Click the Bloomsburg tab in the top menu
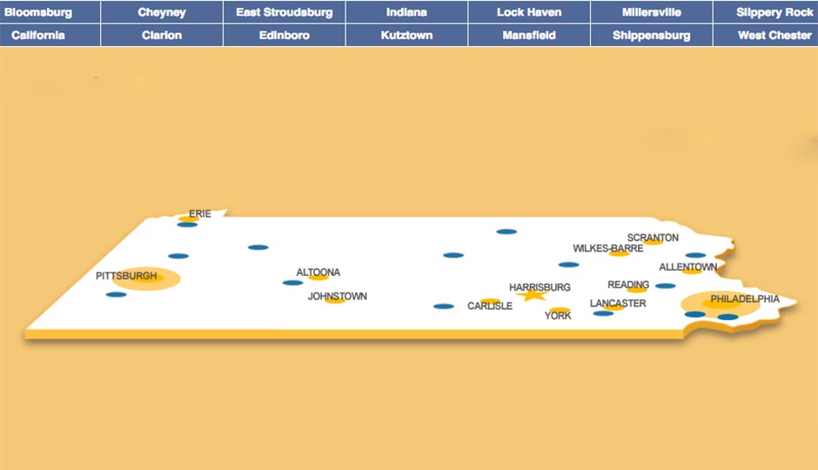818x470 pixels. coord(38,12)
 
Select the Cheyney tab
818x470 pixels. coord(162,12)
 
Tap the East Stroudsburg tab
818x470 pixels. coord(285,12)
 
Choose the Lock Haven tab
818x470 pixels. coord(529,12)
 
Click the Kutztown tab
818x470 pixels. coord(406,36)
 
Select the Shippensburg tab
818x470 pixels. coord(652,36)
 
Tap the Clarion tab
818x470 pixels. coord(162,36)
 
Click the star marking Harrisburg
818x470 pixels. coord(531,295)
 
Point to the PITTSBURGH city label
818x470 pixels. coord(126,276)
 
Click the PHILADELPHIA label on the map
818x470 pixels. coord(745,299)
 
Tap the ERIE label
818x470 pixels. coord(200,213)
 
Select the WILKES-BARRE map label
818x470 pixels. coord(607,248)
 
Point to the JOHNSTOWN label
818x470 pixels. coord(338,296)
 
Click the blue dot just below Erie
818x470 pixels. coord(187,225)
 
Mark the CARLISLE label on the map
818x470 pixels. coord(490,306)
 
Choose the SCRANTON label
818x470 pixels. coord(653,238)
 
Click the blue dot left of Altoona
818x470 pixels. coord(292,282)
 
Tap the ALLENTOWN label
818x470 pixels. coord(687,266)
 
